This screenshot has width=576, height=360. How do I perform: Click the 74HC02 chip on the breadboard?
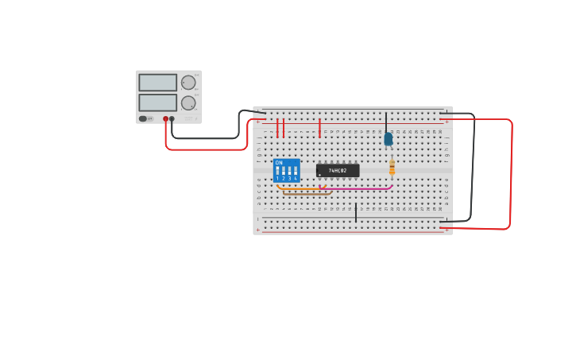pos(338,170)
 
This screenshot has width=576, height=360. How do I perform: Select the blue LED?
pos(388,139)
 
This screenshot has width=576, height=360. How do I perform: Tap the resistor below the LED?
pos(392,167)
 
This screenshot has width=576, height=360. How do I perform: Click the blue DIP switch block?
pos(286,170)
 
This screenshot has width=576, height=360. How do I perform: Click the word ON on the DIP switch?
pos(279,163)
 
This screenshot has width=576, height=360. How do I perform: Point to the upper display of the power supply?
pos(157,83)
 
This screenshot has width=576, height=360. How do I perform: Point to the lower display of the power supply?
pos(157,103)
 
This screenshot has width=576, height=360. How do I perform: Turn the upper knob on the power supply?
pos(188,83)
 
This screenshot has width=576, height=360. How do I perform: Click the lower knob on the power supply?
pos(188,103)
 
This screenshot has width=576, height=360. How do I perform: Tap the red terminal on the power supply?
pos(166,119)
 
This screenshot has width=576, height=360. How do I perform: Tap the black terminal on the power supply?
pos(172,119)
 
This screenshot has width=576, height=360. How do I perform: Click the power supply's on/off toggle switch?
pos(143,118)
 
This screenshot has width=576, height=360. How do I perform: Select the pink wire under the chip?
pos(358,189)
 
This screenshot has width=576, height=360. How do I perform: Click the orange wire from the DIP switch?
pos(302,189)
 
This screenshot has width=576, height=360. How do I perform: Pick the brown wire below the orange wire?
pos(306,194)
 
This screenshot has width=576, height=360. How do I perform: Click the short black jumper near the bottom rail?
pos(356,212)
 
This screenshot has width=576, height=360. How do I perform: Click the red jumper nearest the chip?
pos(319,128)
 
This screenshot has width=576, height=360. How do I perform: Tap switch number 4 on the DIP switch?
pos(296,171)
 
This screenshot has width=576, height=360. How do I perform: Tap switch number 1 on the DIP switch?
pos(277,171)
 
